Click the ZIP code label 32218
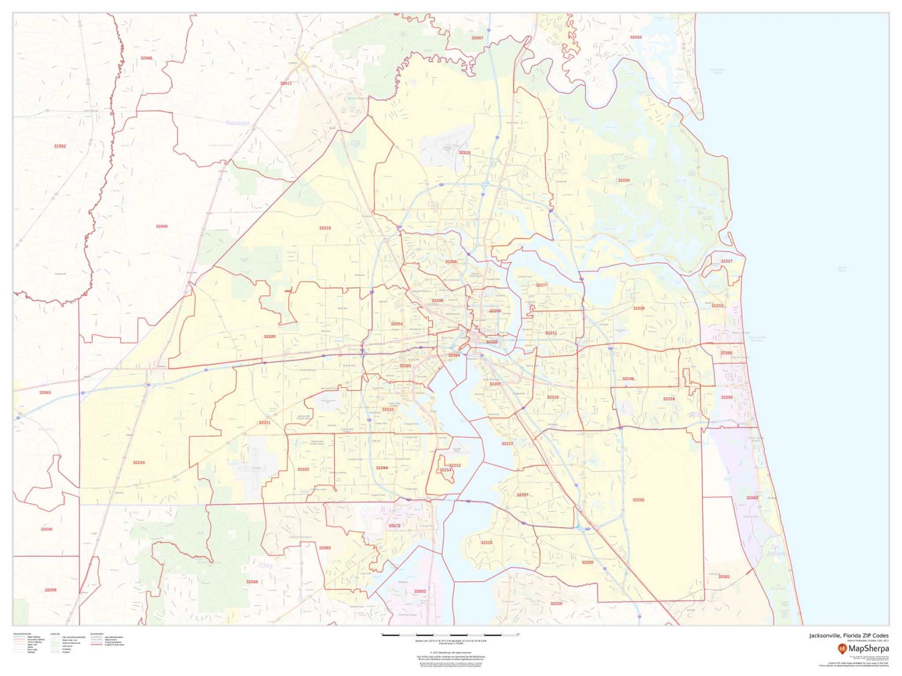pos(465,153)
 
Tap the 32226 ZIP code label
pos(624,180)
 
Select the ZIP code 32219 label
pos(325,228)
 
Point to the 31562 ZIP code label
pos(60,146)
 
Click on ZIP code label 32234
pos(139,463)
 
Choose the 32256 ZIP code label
pos(638,500)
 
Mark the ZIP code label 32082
pos(752,498)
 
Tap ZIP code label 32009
pos(162,226)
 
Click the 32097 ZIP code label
pos(477,38)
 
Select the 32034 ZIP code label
pos(636,37)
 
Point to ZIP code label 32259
pos(556,604)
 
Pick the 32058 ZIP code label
pos(51,590)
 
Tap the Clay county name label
pos(266,566)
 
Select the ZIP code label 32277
pos(541,285)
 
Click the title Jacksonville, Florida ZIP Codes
pos(848,636)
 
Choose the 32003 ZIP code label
pos(420,591)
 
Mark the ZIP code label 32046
pos(146,58)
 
